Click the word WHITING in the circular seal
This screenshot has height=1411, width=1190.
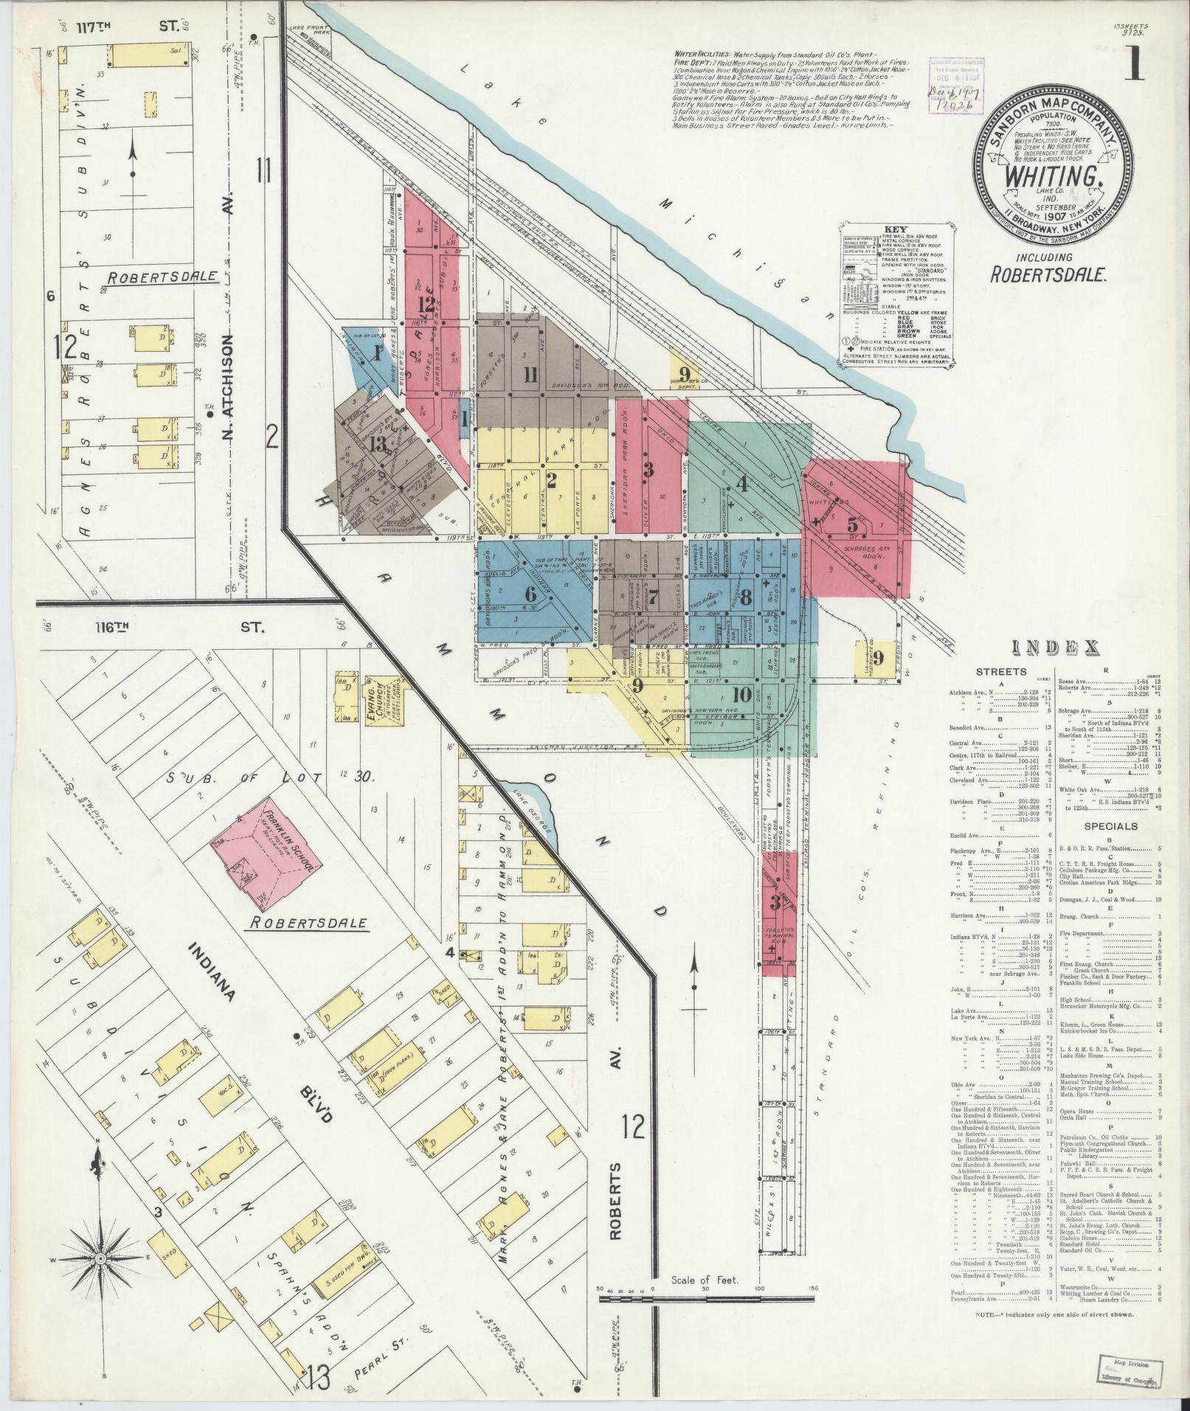(x=1046, y=177)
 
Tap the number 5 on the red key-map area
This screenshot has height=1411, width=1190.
(x=853, y=526)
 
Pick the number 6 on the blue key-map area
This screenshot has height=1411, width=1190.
(x=530, y=592)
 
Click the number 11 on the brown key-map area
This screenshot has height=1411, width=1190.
(x=529, y=374)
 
